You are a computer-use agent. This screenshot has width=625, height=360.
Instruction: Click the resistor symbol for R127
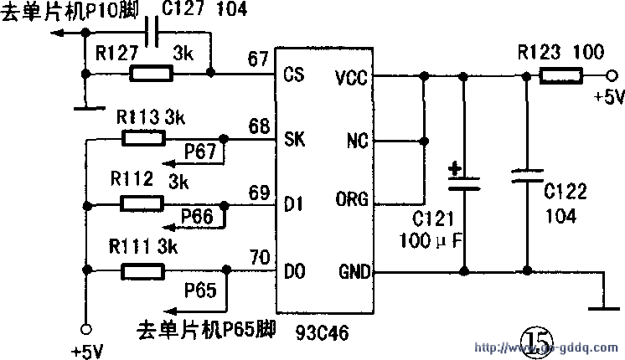[x=152, y=74]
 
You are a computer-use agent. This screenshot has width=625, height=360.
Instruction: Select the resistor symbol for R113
[x=143, y=138]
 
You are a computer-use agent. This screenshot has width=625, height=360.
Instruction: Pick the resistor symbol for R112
[x=143, y=203]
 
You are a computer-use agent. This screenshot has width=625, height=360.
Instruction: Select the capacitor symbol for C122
[x=526, y=177]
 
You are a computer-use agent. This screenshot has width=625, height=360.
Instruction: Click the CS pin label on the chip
[x=293, y=75]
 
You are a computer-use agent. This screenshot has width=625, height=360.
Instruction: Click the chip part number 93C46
[x=322, y=331]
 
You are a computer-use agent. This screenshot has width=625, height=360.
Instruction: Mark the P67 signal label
[x=200, y=152]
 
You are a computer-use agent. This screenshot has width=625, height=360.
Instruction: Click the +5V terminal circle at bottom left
[x=84, y=327]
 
